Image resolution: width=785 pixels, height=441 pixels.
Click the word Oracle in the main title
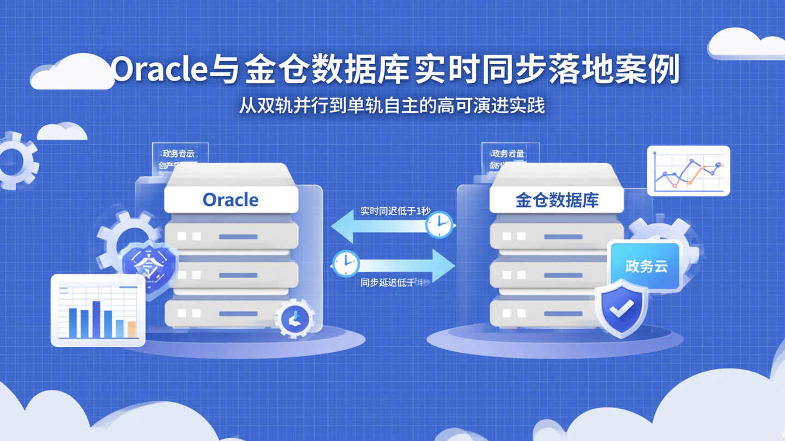[160, 70]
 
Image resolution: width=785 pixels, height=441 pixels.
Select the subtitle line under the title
[391, 105]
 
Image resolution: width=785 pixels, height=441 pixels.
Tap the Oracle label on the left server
[231, 200]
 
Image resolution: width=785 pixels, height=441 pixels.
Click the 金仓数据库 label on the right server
[557, 200]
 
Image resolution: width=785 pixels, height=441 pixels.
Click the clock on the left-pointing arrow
[439, 224]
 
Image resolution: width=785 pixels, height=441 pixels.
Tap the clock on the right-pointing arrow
[346, 264]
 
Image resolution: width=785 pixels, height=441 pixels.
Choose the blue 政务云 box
[646, 266]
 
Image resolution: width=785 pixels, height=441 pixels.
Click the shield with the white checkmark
[621, 308]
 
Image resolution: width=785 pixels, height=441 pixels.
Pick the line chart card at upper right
[689, 171]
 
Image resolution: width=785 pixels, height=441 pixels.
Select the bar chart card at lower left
[98, 310]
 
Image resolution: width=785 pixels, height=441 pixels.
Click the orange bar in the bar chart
[131, 329]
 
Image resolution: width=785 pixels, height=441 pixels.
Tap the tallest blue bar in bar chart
[96, 319]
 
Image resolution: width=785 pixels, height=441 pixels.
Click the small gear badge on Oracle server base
[295, 319]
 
